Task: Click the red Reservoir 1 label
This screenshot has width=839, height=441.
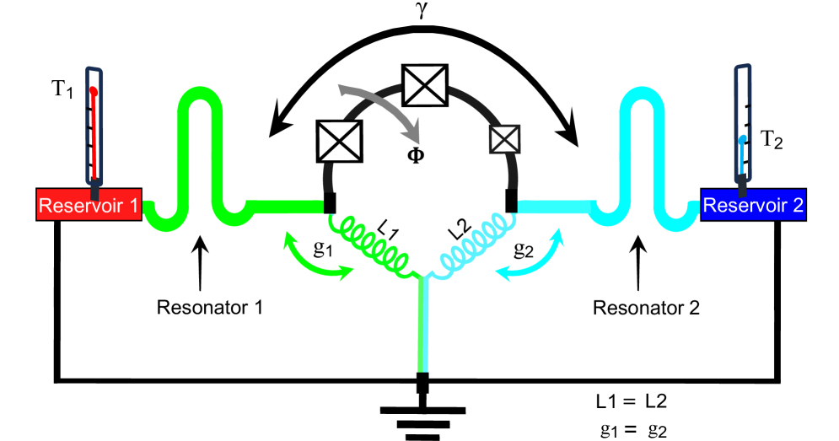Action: pyautogui.click(x=88, y=206)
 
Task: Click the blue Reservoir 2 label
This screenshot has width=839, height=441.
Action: pyautogui.click(x=753, y=205)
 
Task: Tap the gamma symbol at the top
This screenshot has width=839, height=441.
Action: pyautogui.click(x=422, y=11)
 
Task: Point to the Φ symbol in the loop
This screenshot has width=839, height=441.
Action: pyautogui.click(x=416, y=155)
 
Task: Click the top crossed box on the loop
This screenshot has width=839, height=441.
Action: pyautogui.click(x=424, y=86)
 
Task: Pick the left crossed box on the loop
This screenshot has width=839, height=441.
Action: pyautogui.click(x=341, y=141)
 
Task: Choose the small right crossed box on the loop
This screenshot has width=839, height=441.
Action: pyautogui.click(x=504, y=139)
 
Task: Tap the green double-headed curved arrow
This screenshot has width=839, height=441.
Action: pyautogui.click(x=316, y=260)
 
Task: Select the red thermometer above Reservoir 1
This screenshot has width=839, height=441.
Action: pyautogui.click(x=94, y=126)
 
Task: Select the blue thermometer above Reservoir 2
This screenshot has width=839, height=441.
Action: pyautogui.click(x=742, y=126)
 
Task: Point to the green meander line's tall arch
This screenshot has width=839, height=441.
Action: pyautogui.click(x=200, y=105)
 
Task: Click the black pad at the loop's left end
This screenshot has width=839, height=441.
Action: pyautogui.click(x=330, y=203)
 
